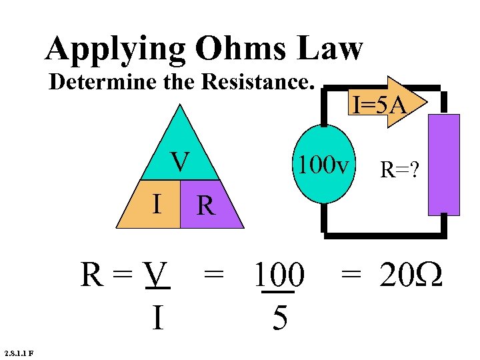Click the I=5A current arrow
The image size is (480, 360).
coord(381,105)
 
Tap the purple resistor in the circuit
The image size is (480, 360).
coord(444,165)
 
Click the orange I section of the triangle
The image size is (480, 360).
coord(157,203)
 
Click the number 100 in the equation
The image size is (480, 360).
coord(279,275)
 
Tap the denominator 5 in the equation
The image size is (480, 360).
coord(280,319)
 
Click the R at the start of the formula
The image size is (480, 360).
coord(92,275)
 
